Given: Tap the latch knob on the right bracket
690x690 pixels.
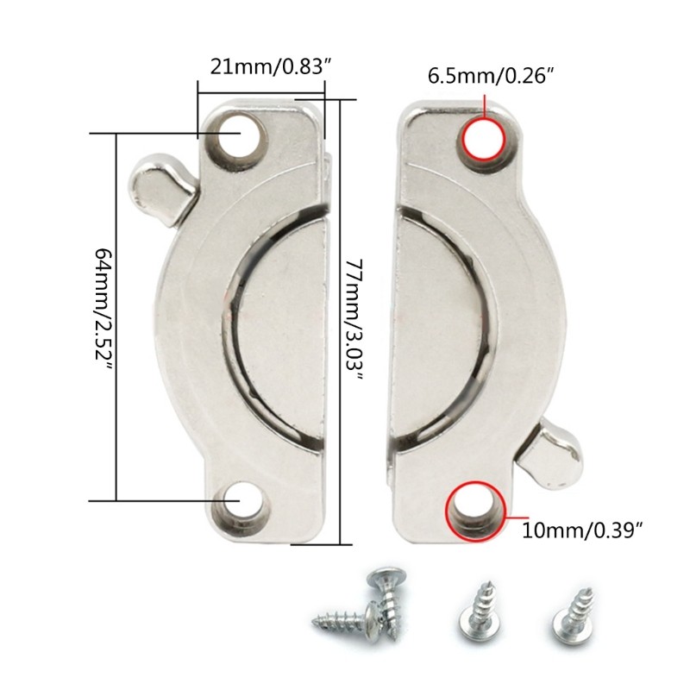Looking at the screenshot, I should pos(553,452).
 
